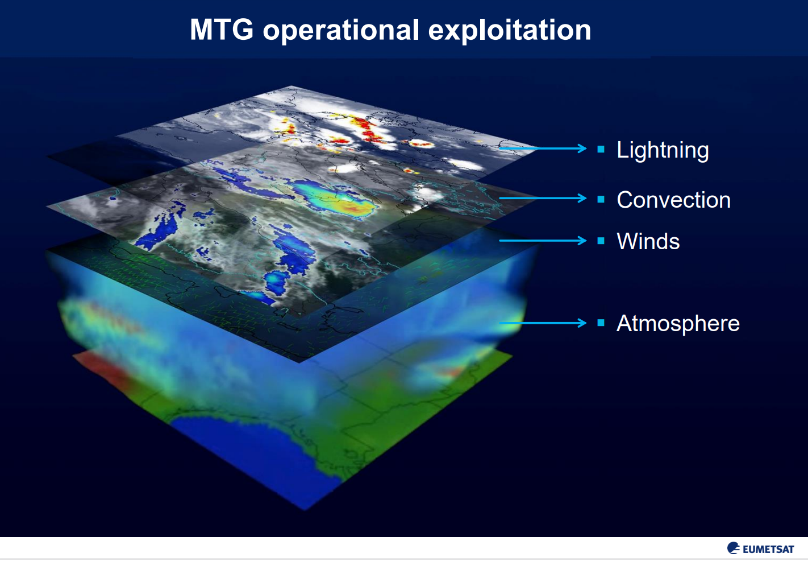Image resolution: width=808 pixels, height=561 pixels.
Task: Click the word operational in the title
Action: (x=341, y=30)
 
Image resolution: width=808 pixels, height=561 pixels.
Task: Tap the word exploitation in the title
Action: (x=509, y=30)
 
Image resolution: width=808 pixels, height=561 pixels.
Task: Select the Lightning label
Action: (x=663, y=150)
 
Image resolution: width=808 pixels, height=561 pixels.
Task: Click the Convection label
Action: (x=674, y=199)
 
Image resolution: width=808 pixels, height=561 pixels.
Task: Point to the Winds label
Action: (x=648, y=241)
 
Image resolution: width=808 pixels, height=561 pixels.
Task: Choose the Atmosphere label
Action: (x=678, y=323)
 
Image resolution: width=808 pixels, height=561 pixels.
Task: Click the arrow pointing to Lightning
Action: (x=543, y=148)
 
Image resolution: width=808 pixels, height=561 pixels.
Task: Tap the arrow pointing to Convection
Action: (x=543, y=198)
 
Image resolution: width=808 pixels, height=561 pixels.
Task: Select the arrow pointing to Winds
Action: (x=543, y=240)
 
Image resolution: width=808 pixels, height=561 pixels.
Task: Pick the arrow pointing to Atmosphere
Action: (x=543, y=323)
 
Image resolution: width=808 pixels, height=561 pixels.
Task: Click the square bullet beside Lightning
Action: (x=601, y=149)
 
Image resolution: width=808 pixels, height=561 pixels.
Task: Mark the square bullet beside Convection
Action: (x=601, y=199)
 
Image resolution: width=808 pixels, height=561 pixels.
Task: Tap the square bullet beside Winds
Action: (x=601, y=241)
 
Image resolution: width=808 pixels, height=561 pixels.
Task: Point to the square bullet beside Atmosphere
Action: (x=601, y=323)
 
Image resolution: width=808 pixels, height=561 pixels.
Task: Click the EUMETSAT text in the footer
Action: (x=768, y=550)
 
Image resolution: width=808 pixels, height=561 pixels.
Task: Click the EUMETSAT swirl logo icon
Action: (x=734, y=548)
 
